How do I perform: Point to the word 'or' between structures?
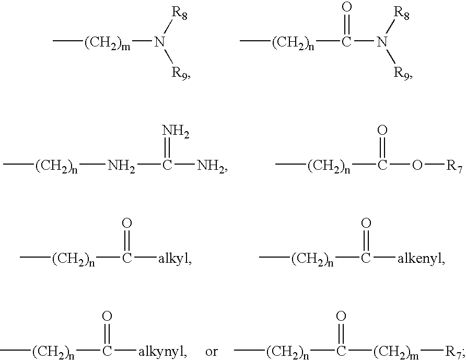[x=212, y=351]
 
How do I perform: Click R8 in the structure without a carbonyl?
[x=180, y=15]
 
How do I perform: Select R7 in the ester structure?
[x=453, y=168]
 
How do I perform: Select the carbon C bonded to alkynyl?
[x=107, y=351]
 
